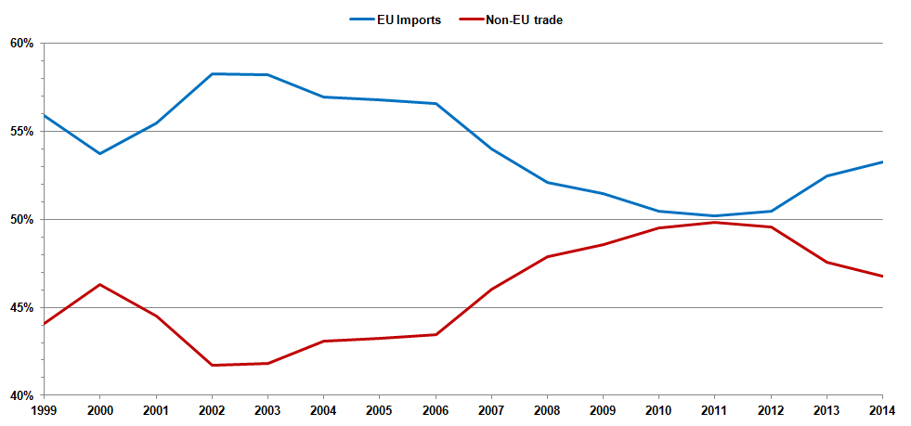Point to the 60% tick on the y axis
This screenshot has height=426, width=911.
(x=22, y=44)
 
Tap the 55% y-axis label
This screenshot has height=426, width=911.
(x=22, y=132)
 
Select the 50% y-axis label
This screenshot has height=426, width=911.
(x=22, y=220)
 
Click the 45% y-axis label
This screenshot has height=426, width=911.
(x=22, y=308)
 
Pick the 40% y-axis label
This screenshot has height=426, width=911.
(x=22, y=395)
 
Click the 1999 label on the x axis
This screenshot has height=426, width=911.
(x=44, y=409)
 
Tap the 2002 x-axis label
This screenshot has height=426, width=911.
(x=212, y=409)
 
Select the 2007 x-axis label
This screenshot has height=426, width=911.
(x=491, y=409)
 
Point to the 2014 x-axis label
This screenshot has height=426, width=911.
(x=881, y=409)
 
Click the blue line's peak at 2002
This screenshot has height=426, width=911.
(x=212, y=73)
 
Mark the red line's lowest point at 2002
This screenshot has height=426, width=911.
(x=212, y=365)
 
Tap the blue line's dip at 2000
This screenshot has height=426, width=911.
(x=99, y=153)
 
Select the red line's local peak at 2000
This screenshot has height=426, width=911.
(x=99, y=284)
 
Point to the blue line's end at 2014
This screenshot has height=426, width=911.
(x=882, y=161)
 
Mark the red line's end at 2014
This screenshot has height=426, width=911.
(x=882, y=276)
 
